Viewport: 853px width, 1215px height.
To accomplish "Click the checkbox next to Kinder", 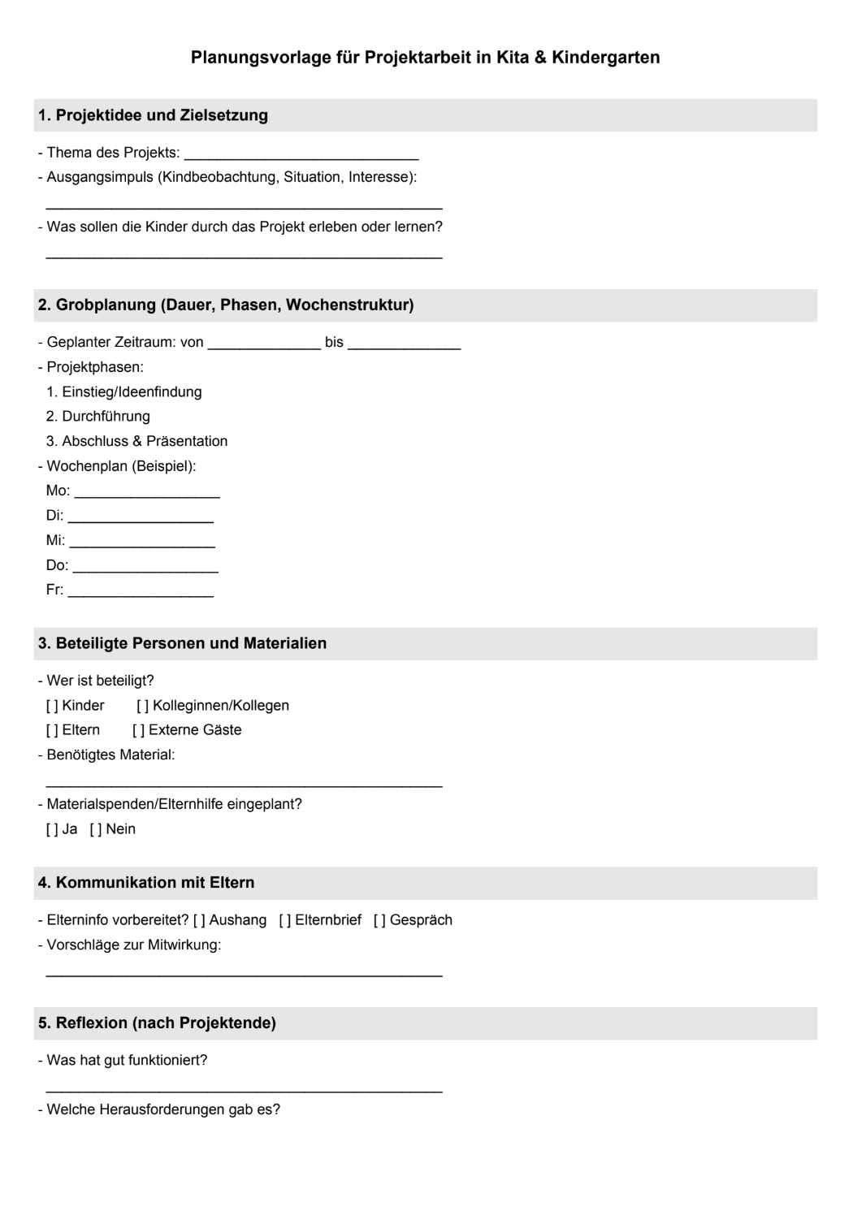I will pyautogui.click(x=52, y=706).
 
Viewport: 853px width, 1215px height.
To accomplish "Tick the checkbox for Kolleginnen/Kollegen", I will pyautogui.click(x=142, y=706).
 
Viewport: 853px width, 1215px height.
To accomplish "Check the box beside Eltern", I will pyautogui.click(x=52, y=730).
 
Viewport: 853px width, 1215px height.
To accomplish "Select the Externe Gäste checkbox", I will pyautogui.click(x=138, y=730).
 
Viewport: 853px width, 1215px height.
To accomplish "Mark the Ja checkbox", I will pyautogui.click(x=52, y=829).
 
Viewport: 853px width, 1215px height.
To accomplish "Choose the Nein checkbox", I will pyautogui.click(x=96, y=829).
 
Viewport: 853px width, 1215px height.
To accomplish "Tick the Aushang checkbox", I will pyautogui.click(x=199, y=920).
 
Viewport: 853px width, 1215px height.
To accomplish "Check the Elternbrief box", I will pyautogui.click(x=285, y=920).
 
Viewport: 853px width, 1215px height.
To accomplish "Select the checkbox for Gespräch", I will pyautogui.click(x=379, y=920).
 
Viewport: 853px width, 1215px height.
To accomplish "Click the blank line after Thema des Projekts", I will pyautogui.click(x=301, y=154).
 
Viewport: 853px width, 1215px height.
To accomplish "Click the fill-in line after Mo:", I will pyautogui.click(x=147, y=492).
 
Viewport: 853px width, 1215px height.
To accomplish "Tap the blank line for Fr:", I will pyautogui.click(x=141, y=591).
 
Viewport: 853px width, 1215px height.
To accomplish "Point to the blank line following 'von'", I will pyautogui.click(x=264, y=344).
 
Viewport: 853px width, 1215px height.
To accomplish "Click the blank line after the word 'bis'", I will pyautogui.click(x=404, y=344).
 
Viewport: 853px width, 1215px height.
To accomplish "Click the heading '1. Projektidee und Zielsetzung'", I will pyautogui.click(x=153, y=115).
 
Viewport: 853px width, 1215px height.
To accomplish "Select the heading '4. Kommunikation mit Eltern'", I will pyautogui.click(x=146, y=883).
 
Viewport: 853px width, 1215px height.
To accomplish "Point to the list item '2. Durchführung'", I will pyautogui.click(x=98, y=417).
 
